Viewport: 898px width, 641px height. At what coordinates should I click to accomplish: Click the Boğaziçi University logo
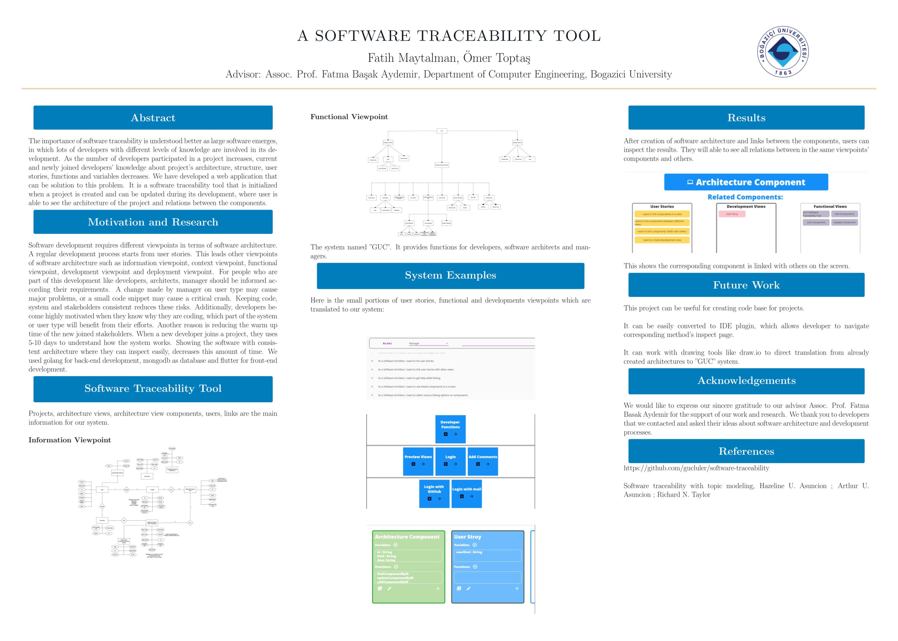[782, 52]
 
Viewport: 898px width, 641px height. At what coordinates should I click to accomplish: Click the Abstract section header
[153, 118]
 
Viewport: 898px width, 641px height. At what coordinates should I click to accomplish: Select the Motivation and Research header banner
[153, 222]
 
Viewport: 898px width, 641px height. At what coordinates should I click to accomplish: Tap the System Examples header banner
[450, 276]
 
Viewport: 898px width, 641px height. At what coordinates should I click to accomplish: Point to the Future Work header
[746, 285]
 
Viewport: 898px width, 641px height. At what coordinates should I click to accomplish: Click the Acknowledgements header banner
[746, 381]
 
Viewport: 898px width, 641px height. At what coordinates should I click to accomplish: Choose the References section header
[746, 451]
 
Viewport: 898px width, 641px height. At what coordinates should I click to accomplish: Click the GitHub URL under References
[696, 468]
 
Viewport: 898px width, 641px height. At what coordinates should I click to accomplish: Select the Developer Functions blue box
[450, 429]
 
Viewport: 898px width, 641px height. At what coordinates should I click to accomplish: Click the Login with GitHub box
[434, 493]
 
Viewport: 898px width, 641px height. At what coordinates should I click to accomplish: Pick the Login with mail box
[466, 493]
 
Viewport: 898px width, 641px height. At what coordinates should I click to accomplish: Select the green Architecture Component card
[408, 567]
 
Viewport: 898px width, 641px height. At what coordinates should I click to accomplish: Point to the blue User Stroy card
[487, 567]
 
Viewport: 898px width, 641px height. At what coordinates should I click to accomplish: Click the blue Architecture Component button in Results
[746, 182]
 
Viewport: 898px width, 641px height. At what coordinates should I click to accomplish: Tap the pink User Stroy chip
[732, 214]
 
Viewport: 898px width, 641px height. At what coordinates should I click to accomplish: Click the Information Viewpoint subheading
[70, 440]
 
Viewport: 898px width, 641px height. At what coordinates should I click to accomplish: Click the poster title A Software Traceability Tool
[449, 36]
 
